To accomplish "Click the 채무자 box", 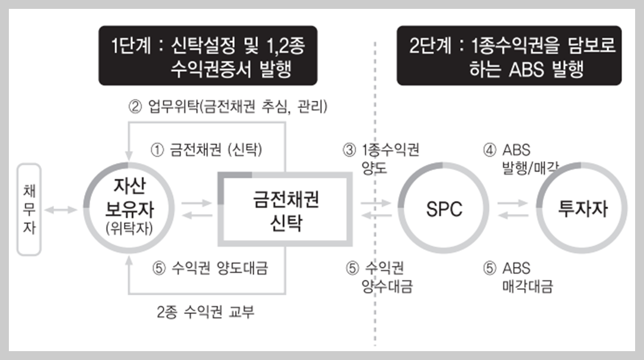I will [x=29, y=209].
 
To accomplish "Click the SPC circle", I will [x=444, y=209].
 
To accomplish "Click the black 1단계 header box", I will [x=208, y=56].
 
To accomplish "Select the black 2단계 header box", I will [x=509, y=56].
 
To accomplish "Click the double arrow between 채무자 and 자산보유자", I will [x=62, y=209].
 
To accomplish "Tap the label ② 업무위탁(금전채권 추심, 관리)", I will [x=228, y=107].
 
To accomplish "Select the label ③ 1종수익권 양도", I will [x=382, y=158].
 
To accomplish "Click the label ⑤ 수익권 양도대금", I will [x=210, y=268].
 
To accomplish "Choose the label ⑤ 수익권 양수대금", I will [x=380, y=277].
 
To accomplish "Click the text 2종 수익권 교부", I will [x=206, y=312].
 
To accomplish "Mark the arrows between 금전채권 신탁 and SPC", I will [x=375, y=209].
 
